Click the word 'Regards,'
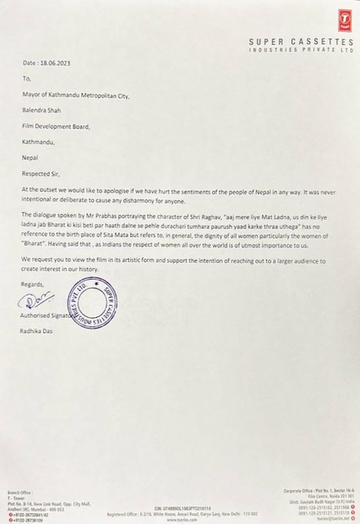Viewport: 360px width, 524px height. (x=33, y=284)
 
